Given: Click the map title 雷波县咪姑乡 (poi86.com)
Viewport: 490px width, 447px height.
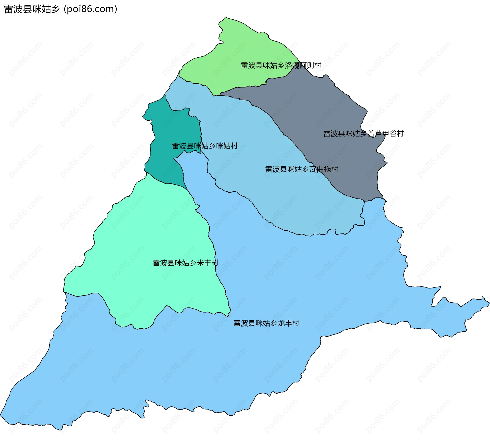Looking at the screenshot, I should (60, 9).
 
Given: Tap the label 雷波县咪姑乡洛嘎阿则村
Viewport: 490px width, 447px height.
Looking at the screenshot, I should (281, 66).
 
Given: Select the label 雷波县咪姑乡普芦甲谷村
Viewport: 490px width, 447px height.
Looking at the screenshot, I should (363, 134).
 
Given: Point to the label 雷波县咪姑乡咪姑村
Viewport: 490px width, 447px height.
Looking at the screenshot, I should (205, 146).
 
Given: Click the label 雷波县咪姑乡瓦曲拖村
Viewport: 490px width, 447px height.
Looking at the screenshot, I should (301, 169).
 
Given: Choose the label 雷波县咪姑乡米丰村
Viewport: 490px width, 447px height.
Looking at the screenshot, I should (185, 263).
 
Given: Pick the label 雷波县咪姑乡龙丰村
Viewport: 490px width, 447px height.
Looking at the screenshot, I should (266, 323).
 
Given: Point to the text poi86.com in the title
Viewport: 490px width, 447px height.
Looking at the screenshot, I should (90, 9).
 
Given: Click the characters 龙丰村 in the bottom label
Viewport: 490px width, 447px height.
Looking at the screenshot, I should (288, 323).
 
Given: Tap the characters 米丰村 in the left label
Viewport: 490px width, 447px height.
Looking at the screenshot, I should (207, 263).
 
